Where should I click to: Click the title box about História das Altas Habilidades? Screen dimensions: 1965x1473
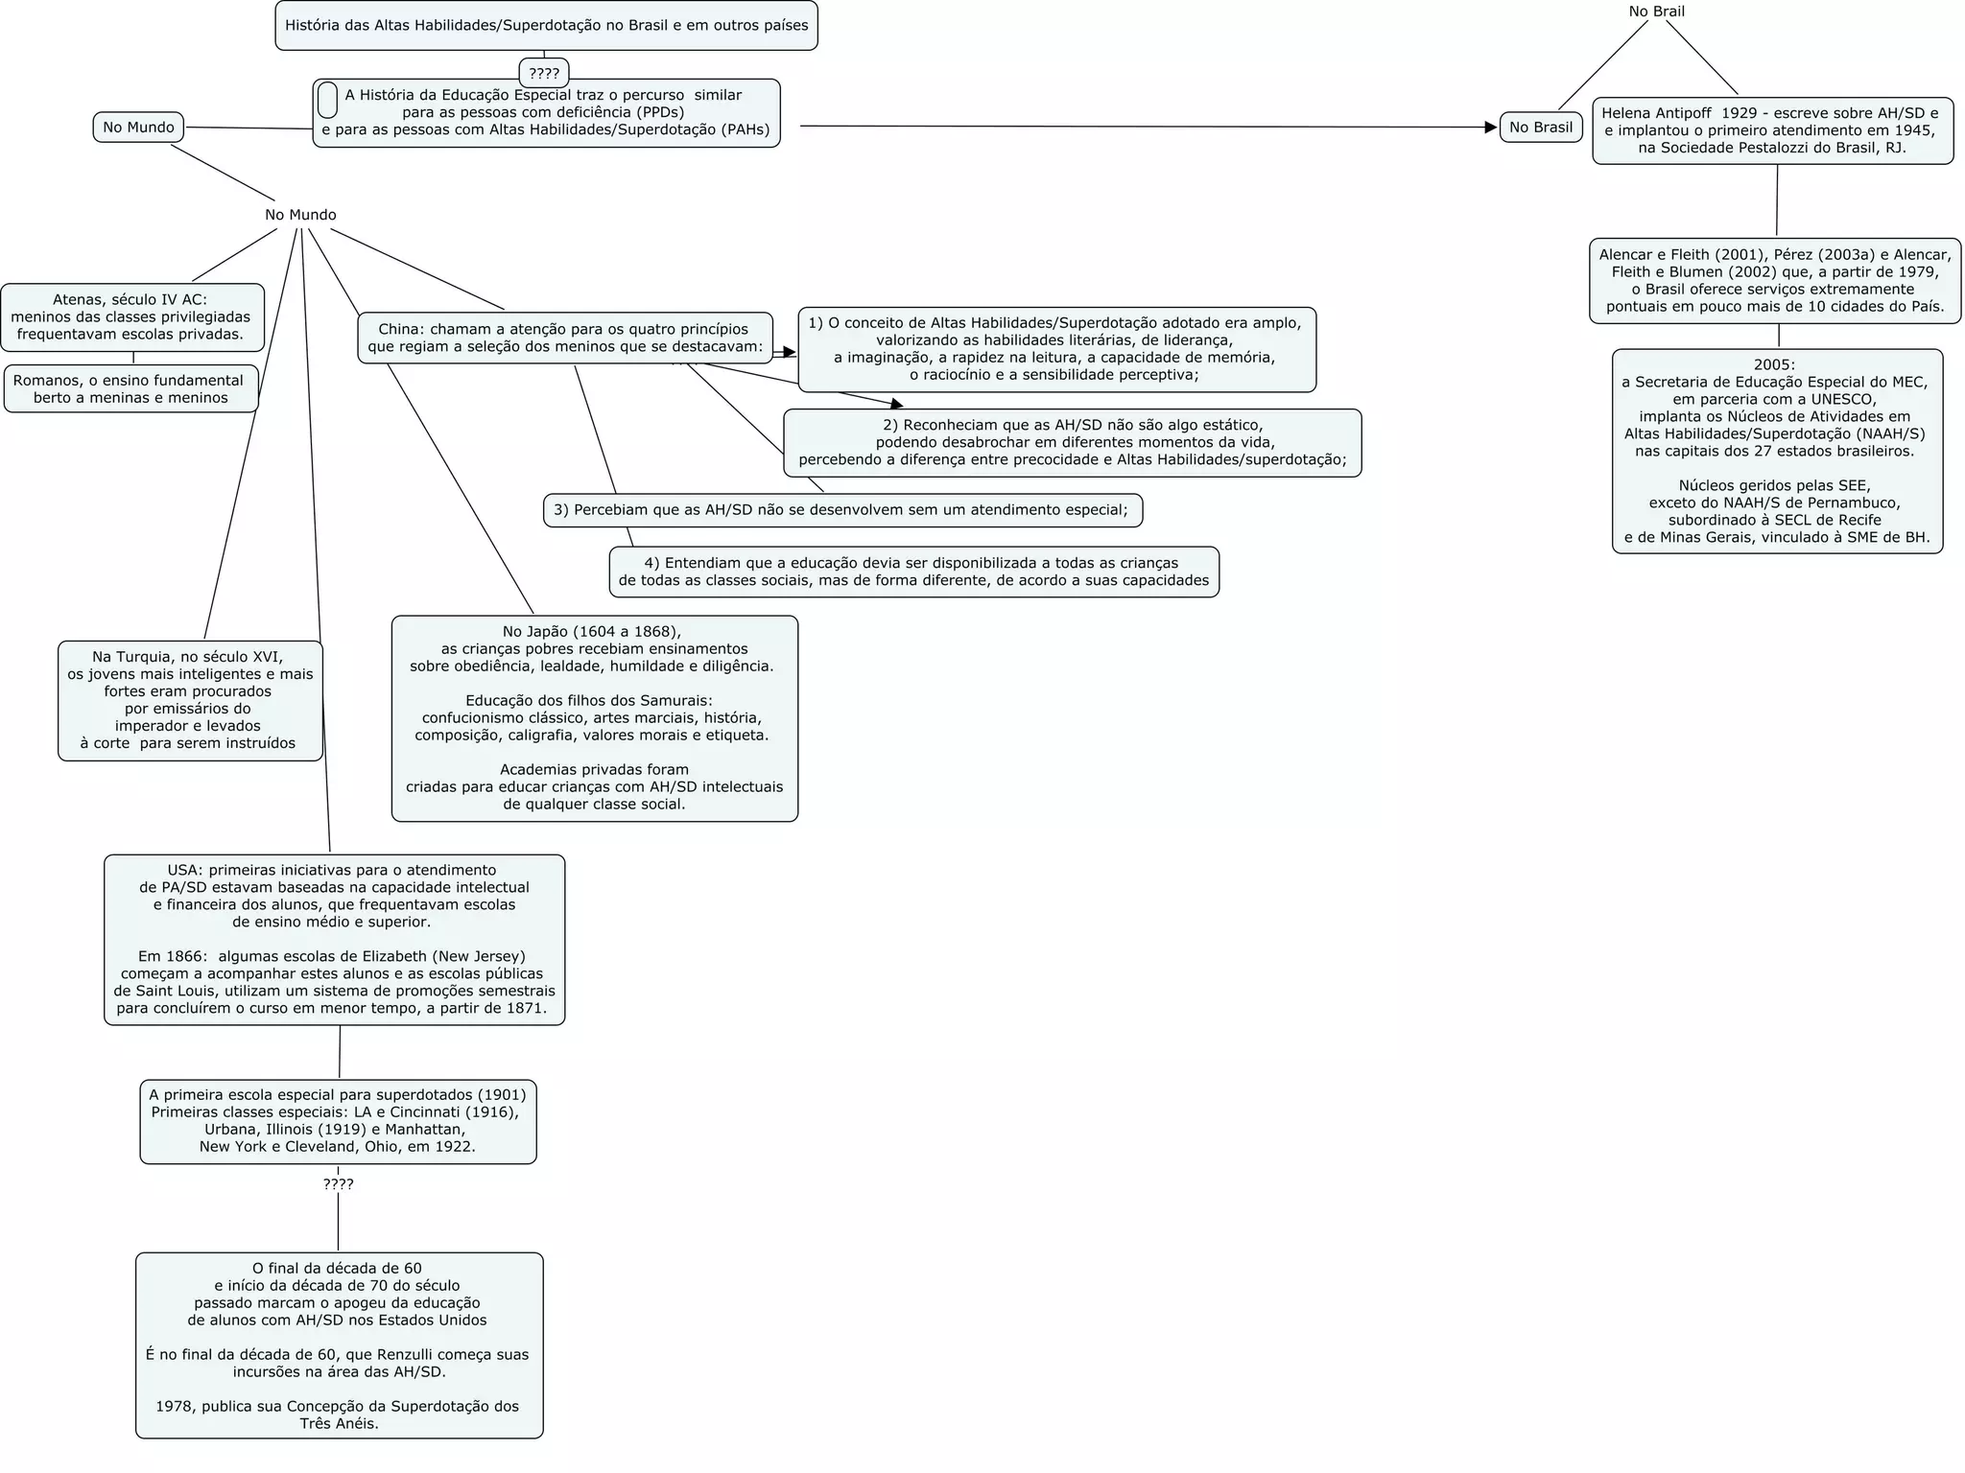[546, 26]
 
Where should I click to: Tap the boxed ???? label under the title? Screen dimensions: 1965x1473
[544, 73]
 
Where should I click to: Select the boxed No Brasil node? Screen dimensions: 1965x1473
[1540, 127]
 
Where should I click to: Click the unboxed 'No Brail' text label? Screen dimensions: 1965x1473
[1656, 12]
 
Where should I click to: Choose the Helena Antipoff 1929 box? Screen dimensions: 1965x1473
[1772, 130]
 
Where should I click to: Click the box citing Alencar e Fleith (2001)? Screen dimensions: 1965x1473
[1774, 280]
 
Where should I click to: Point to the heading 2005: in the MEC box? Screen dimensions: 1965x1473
[1774, 364]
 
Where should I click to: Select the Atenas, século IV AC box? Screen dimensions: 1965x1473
[131, 316]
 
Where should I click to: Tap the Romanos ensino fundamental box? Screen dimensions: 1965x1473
[130, 388]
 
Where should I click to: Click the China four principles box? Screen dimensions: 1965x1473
[564, 338]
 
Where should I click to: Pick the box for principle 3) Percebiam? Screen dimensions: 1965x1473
[841, 510]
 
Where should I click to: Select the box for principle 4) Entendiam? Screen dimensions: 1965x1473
[913, 572]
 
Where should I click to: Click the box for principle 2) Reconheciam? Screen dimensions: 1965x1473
[1072, 442]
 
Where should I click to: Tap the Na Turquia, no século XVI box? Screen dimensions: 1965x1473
[190, 700]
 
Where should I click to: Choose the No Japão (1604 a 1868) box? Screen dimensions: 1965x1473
[594, 717]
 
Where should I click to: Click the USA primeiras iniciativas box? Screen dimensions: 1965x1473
[334, 939]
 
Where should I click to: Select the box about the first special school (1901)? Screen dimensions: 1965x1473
[338, 1121]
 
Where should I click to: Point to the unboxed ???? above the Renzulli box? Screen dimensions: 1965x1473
[338, 1184]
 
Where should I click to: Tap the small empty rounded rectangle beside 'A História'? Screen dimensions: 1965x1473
[327, 100]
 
